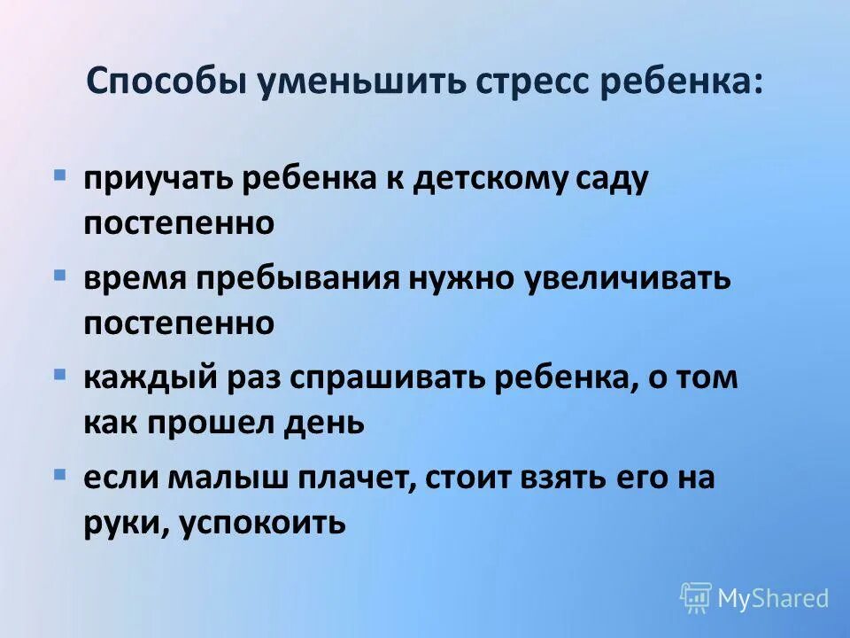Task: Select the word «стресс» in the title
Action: click(526, 82)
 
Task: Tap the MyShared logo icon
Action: click(696, 598)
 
